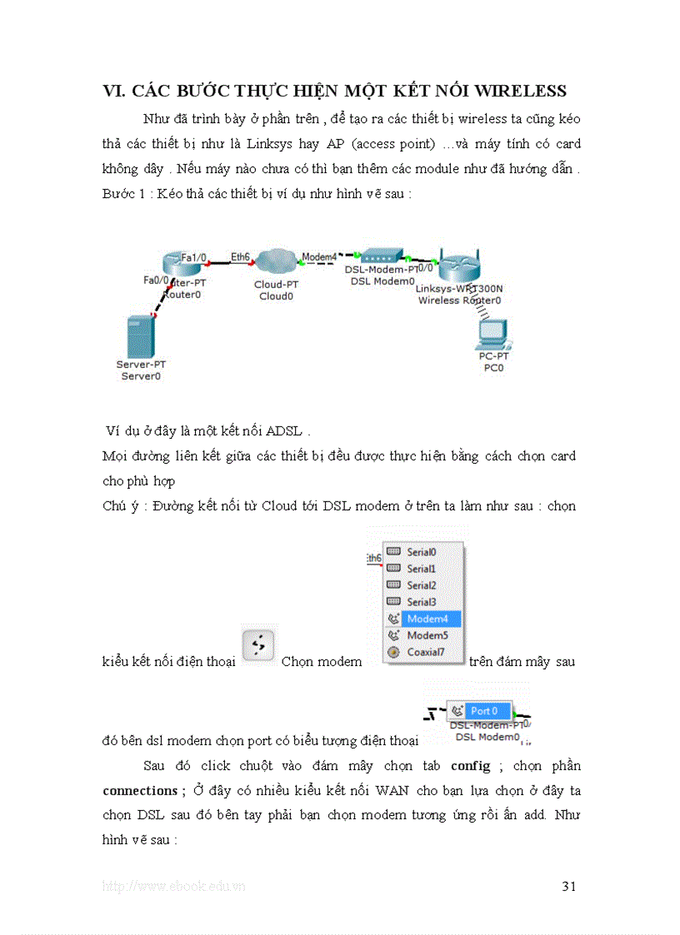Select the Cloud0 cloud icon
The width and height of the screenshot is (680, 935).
click(276, 263)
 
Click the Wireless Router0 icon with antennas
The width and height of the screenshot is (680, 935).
click(460, 266)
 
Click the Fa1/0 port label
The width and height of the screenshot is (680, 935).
click(194, 258)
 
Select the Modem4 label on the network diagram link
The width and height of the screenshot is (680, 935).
click(319, 257)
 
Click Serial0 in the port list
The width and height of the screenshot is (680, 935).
click(422, 552)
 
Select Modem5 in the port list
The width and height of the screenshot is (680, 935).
click(427, 635)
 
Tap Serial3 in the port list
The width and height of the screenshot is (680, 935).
click(422, 602)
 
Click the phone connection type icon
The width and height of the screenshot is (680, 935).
click(257, 644)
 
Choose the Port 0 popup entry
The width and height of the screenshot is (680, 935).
click(483, 711)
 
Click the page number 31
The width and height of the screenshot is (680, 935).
click(569, 886)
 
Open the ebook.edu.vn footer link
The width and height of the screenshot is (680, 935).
click(173, 887)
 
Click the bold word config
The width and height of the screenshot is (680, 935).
click(470, 766)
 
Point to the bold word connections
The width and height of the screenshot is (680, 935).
click(138, 790)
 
